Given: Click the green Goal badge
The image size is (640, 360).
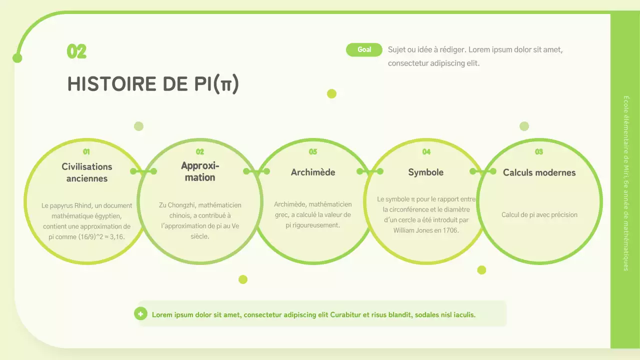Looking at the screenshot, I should (364, 49).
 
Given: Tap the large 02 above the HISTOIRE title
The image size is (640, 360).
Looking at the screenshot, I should (76, 51).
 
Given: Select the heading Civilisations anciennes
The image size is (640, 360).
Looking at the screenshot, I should (87, 172).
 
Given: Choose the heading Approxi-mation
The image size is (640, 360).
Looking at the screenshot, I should (200, 171).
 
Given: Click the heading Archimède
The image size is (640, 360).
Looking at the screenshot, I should (313, 172).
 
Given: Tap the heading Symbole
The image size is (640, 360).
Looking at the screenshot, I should (426, 172).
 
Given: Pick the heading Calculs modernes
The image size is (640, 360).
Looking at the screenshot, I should (539, 172).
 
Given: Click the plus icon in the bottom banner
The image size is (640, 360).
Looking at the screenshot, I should (140, 314).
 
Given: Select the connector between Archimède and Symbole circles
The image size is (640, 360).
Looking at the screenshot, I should (369, 171).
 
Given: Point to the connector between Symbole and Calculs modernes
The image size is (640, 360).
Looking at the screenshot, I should (482, 171).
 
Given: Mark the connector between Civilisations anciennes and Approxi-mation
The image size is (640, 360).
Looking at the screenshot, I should (143, 171).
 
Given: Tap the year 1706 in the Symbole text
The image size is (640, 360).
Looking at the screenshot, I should (451, 230).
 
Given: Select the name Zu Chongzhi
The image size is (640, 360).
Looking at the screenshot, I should (175, 205).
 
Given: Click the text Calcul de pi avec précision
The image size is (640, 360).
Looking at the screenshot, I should (539, 215).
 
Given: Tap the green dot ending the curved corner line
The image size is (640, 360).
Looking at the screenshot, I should (17, 58).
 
